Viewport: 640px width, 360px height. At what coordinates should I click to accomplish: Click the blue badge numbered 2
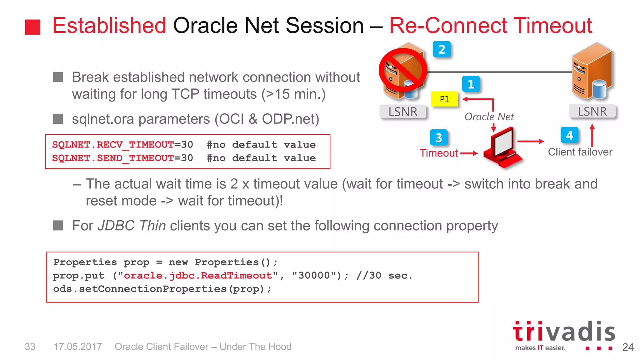[x=441, y=49]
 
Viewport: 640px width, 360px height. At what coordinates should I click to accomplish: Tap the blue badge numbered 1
[x=471, y=84]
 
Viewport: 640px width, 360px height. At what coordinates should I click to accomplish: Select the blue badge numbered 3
[x=438, y=137]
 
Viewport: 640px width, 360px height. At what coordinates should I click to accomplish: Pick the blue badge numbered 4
[x=569, y=135]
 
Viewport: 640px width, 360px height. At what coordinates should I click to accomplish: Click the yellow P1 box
[x=444, y=99]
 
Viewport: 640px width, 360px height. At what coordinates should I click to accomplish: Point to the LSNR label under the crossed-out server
[x=403, y=112]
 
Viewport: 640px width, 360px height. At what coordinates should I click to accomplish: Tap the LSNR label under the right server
[x=592, y=111]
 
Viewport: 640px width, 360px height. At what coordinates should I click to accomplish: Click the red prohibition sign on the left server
[x=402, y=70]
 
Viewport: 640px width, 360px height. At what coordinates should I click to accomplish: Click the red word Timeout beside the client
[x=438, y=153]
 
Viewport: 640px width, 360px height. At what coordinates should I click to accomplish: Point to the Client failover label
[x=580, y=152]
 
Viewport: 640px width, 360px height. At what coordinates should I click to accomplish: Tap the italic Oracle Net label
[x=489, y=117]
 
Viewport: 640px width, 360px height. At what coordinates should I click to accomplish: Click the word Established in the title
[x=109, y=25]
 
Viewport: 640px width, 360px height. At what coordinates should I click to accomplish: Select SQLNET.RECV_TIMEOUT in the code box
[x=113, y=145]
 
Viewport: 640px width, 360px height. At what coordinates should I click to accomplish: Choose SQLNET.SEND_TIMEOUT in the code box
[x=113, y=158]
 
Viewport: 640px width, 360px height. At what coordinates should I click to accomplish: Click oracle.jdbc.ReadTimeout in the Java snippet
[x=198, y=276]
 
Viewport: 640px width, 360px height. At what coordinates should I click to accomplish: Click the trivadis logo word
[x=564, y=332]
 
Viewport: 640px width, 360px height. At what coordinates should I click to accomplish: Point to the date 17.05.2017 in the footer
[x=77, y=347]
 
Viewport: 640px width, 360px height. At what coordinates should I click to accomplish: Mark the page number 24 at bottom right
[x=628, y=347]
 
